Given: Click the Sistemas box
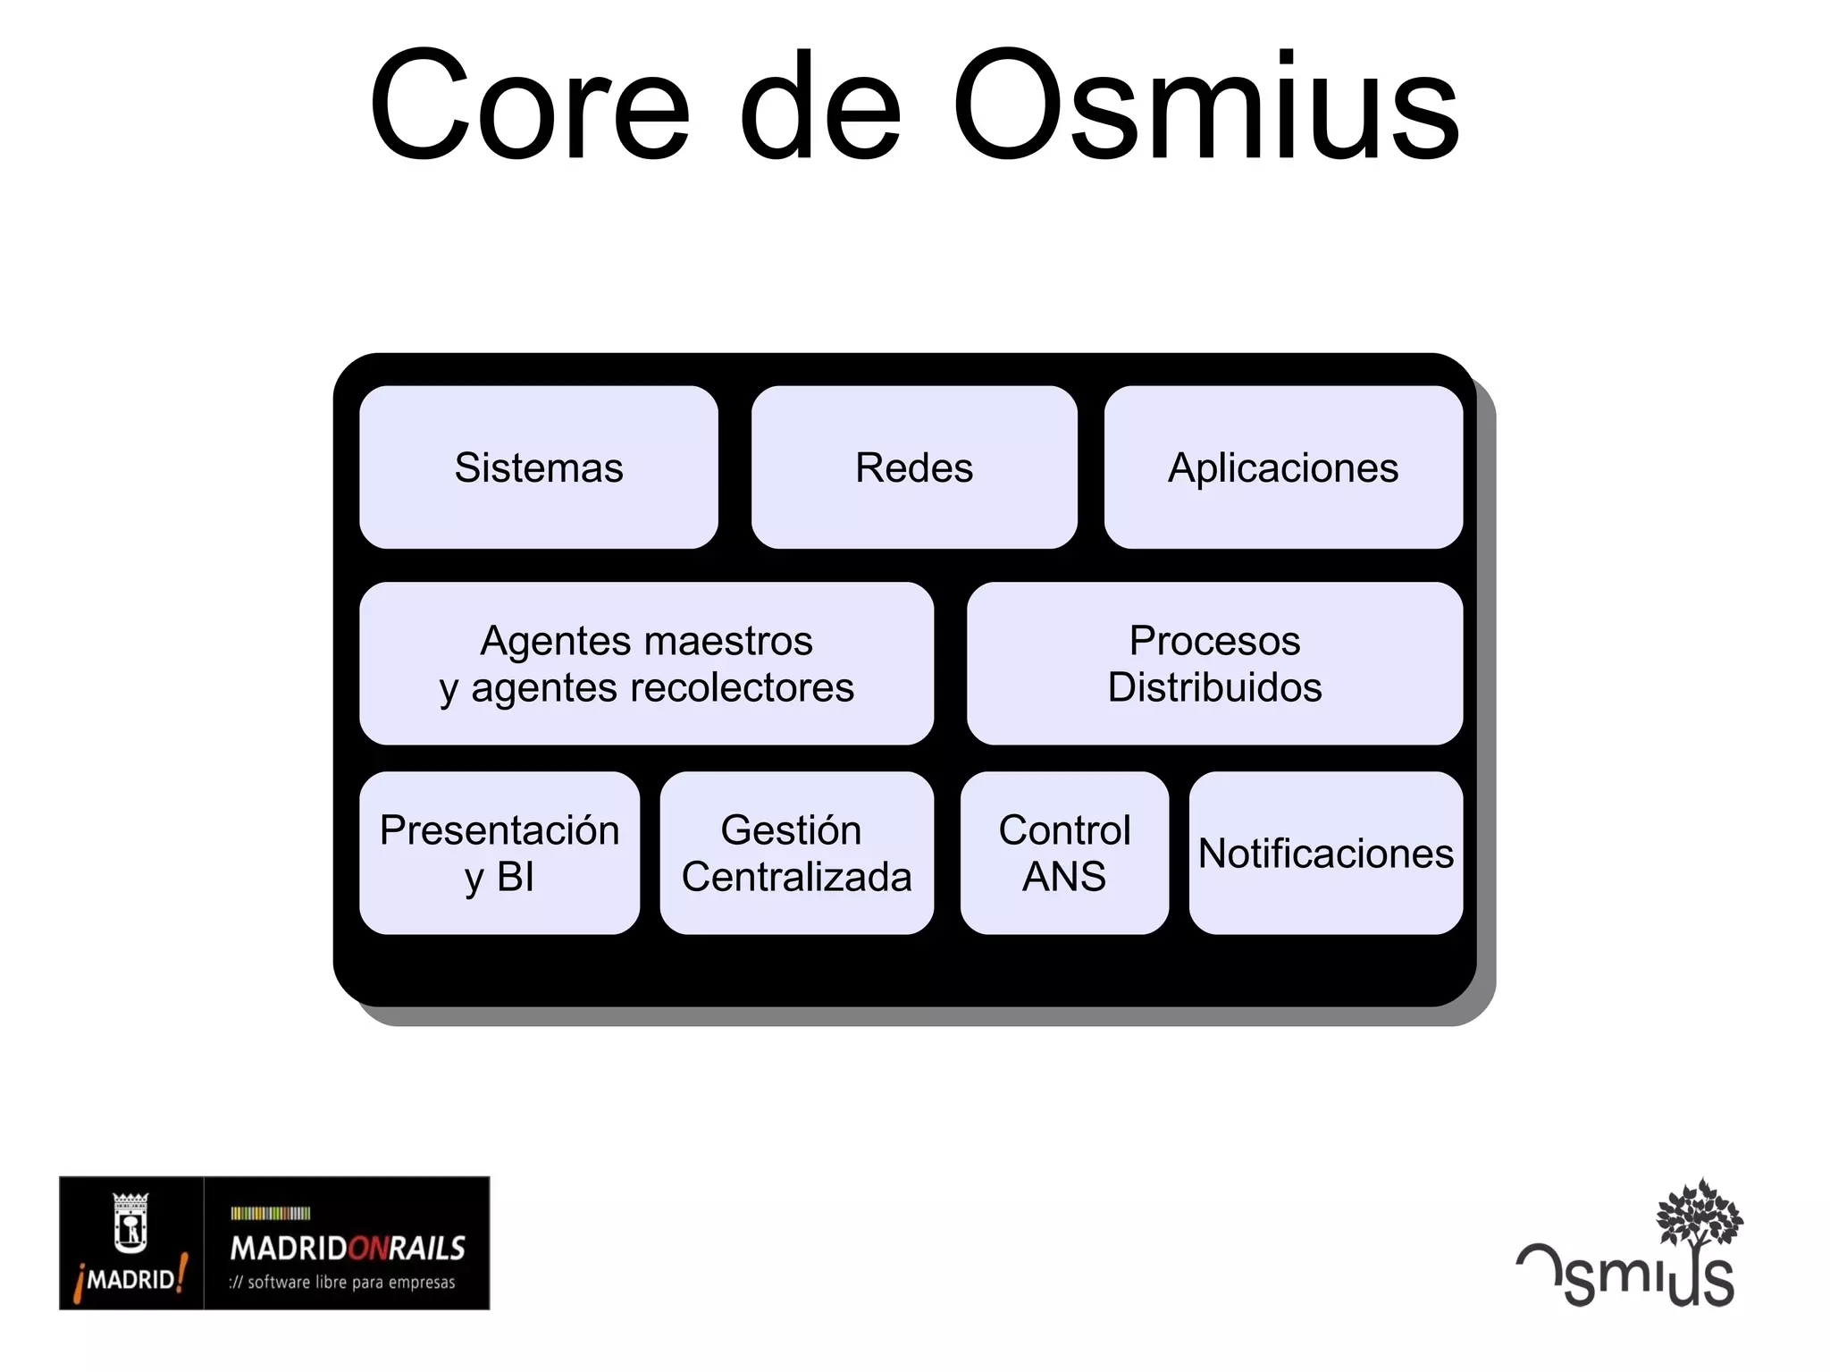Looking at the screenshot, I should [x=538, y=467].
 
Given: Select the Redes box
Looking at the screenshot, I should [x=913, y=467].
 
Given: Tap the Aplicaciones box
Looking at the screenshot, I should [x=1282, y=467].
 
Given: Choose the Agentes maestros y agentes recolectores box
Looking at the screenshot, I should [x=646, y=663].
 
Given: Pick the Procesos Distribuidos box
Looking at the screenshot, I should [x=1214, y=663].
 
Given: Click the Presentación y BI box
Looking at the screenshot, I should [x=499, y=853].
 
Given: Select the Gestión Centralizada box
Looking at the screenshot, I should [x=796, y=853].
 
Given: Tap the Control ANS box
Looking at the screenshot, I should [x=1063, y=853].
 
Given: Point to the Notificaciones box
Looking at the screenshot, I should [x=1325, y=853].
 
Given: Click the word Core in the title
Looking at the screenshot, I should [x=530, y=107].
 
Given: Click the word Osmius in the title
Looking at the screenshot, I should [x=1205, y=107].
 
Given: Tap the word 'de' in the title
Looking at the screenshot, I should [x=820, y=107].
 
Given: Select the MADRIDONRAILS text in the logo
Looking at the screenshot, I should [x=348, y=1248].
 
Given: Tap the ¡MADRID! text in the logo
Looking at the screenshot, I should [x=131, y=1278].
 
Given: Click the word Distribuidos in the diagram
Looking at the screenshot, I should [x=1214, y=687].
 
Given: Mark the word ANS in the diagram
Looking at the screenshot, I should [x=1063, y=877].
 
